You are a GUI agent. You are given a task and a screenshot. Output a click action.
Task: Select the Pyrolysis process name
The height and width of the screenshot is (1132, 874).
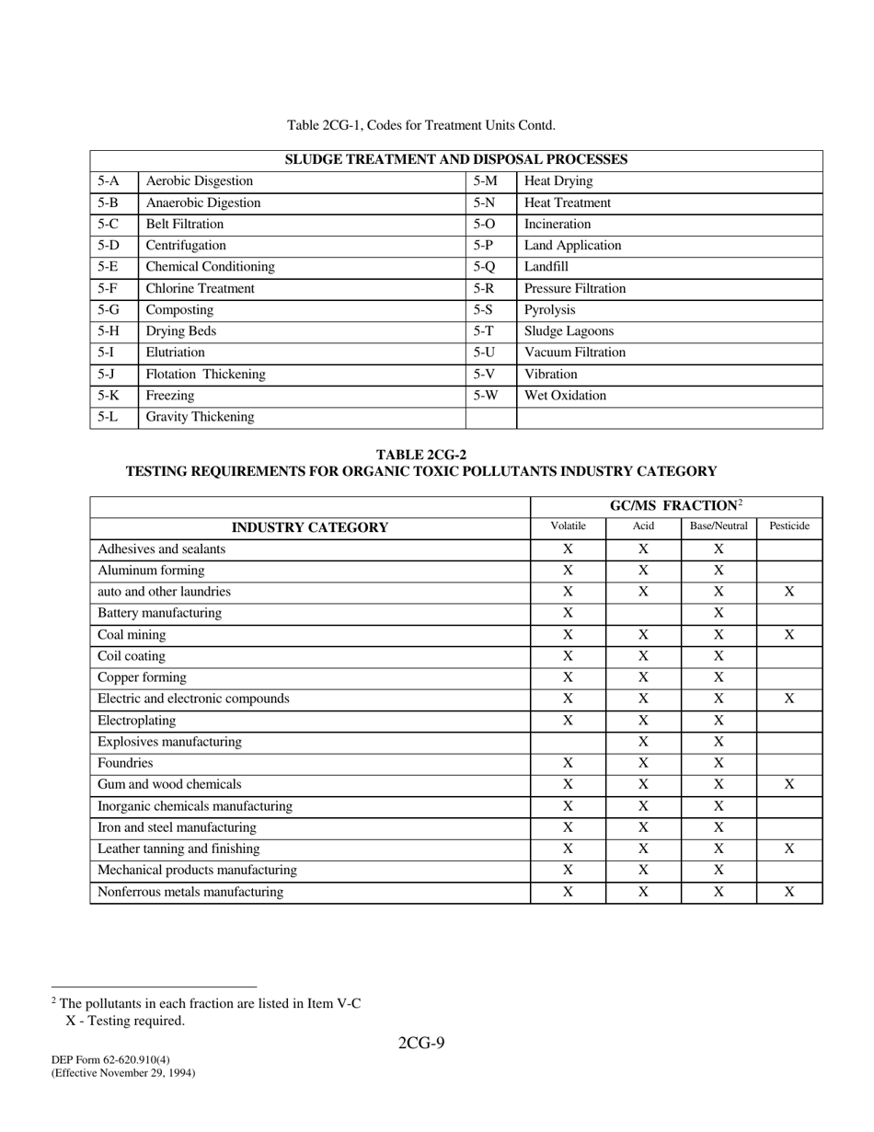tap(549, 310)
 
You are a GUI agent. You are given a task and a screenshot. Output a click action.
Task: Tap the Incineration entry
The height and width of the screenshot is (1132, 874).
tap(558, 225)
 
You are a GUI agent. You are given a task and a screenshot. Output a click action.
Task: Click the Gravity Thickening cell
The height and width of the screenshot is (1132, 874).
tap(200, 418)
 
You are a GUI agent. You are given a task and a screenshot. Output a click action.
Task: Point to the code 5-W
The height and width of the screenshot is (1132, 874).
tap(486, 396)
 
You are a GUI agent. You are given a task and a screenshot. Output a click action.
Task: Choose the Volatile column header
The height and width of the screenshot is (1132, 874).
tap(568, 526)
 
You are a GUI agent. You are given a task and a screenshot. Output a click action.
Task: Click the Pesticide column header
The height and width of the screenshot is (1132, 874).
tap(788, 526)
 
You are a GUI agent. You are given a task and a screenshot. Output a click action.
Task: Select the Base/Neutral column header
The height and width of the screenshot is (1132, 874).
tap(719, 526)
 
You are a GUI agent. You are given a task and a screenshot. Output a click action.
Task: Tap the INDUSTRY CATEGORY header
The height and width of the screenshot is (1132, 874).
tap(309, 527)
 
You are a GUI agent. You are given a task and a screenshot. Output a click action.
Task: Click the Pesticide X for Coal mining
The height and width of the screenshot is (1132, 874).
tap(788, 635)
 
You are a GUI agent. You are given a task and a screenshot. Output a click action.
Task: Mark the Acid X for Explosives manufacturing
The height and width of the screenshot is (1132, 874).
tap(643, 742)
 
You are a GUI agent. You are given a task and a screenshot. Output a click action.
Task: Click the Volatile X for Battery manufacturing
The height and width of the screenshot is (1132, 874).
tap(568, 613)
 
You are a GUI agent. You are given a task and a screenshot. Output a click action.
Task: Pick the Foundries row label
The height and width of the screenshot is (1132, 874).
tap(125, 763)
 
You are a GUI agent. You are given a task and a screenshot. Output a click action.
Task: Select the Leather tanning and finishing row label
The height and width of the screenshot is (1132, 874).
tap(178, 849)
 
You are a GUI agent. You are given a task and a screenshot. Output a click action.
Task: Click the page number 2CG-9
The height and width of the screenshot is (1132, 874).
tap(421, 1043)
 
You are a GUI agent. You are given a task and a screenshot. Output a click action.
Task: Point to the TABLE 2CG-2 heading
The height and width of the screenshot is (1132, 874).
tap(420, 455)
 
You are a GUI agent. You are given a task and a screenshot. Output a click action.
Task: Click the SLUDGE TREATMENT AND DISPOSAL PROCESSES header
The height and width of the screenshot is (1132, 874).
tap(456, 160)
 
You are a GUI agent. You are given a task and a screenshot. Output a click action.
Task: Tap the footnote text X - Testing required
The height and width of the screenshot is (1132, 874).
tap(125, 1021)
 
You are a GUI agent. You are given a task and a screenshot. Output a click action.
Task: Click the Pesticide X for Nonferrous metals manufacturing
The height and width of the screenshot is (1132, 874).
tap(788, 892)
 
